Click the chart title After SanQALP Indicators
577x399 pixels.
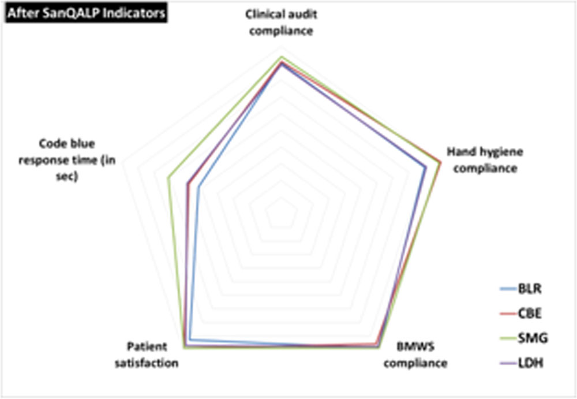pos(86,13)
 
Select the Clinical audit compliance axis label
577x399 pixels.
pos(281,23)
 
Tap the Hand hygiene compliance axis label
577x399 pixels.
pos(485,160)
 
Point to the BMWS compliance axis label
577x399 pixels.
pos(415,355)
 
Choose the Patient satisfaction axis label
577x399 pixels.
pos(147,355)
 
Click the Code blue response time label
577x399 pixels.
pos(67,160)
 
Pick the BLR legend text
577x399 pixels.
pos(530,289)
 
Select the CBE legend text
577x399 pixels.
pos(530,314)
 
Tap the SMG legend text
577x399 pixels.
pos(533,338)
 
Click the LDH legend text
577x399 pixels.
pos(531,363)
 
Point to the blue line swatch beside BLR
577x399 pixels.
pos(508,289)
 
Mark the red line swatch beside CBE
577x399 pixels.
pos(508,314)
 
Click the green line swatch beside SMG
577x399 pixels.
pos(508,338)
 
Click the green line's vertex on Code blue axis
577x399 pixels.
pos(168,178)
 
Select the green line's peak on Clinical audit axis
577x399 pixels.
pos(282,57)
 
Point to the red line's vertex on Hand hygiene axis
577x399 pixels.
pos(440,161)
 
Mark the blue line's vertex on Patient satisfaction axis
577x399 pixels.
pos(190,339)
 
